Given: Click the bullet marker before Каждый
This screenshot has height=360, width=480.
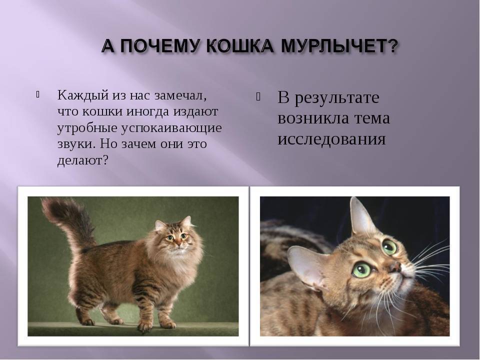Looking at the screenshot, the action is [37, 94].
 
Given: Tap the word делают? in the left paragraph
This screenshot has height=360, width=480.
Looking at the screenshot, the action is [83, 160].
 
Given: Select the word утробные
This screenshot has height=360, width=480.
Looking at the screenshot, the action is [87, 128].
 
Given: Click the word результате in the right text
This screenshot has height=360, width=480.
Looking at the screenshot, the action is [337, 98].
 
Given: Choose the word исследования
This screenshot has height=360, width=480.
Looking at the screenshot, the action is [331, 139].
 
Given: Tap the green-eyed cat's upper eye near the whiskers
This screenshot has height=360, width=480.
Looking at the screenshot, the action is [389, 247].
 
